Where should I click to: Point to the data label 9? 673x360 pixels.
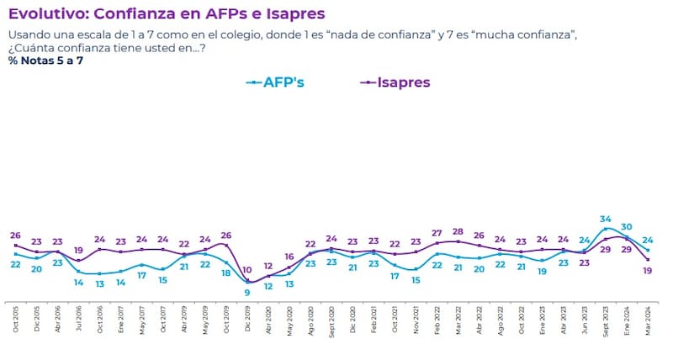pos(247,292)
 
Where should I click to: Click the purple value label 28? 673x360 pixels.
pos(458,231)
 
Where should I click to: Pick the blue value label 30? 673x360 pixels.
pos(627,226)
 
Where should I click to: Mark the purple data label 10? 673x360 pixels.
pos(247,270)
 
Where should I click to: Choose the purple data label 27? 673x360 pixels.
pos(437,233)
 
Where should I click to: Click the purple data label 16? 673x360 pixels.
pos(289,257)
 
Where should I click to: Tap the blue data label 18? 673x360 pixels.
pos(226,273)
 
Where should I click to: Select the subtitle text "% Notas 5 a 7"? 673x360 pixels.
pos(45,61)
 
